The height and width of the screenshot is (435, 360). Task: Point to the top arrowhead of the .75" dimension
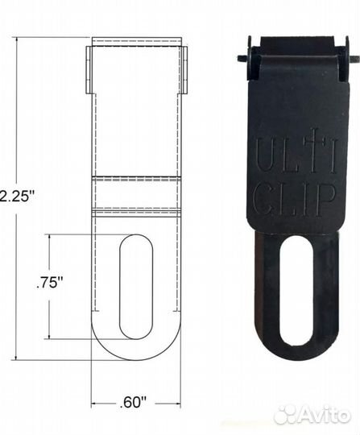coord(50,237)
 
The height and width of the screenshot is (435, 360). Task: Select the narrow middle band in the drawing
coord(136,193)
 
